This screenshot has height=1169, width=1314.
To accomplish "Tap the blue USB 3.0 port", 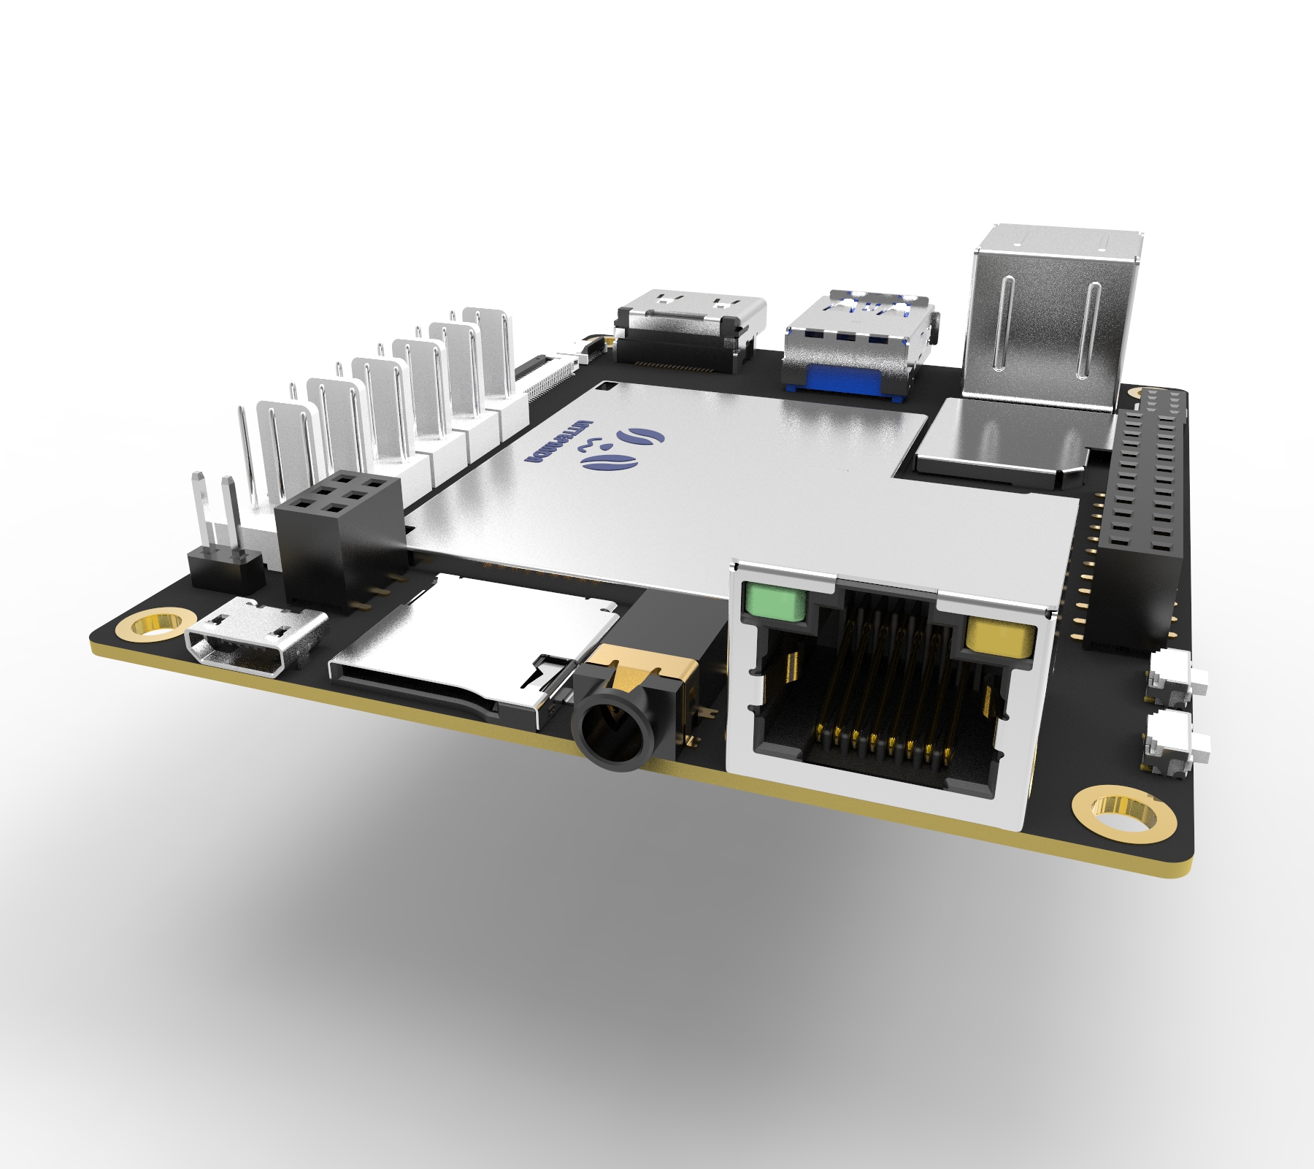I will coord(854,343).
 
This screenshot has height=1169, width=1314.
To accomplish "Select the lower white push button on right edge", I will coord(1175,745).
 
